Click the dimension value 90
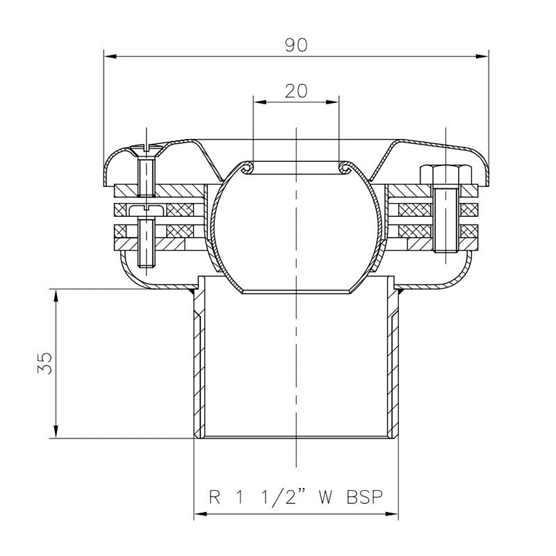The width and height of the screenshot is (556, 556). tap(296, 44)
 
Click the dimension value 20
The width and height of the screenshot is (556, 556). tap(296, 90)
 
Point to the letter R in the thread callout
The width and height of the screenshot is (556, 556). tap(215, 498)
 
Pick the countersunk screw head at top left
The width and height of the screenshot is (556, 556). tap(146, 148)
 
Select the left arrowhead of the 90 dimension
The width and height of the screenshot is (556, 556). tap(108, 56)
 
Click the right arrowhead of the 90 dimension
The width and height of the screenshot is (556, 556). tap(483, 56)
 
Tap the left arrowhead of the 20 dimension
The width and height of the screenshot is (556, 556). tap(257, 102)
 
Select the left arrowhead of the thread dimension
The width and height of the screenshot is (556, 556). tap(199, 514)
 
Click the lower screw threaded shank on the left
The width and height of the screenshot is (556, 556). tap(146, 243)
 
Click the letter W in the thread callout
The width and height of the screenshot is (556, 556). tap(324, 498)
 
